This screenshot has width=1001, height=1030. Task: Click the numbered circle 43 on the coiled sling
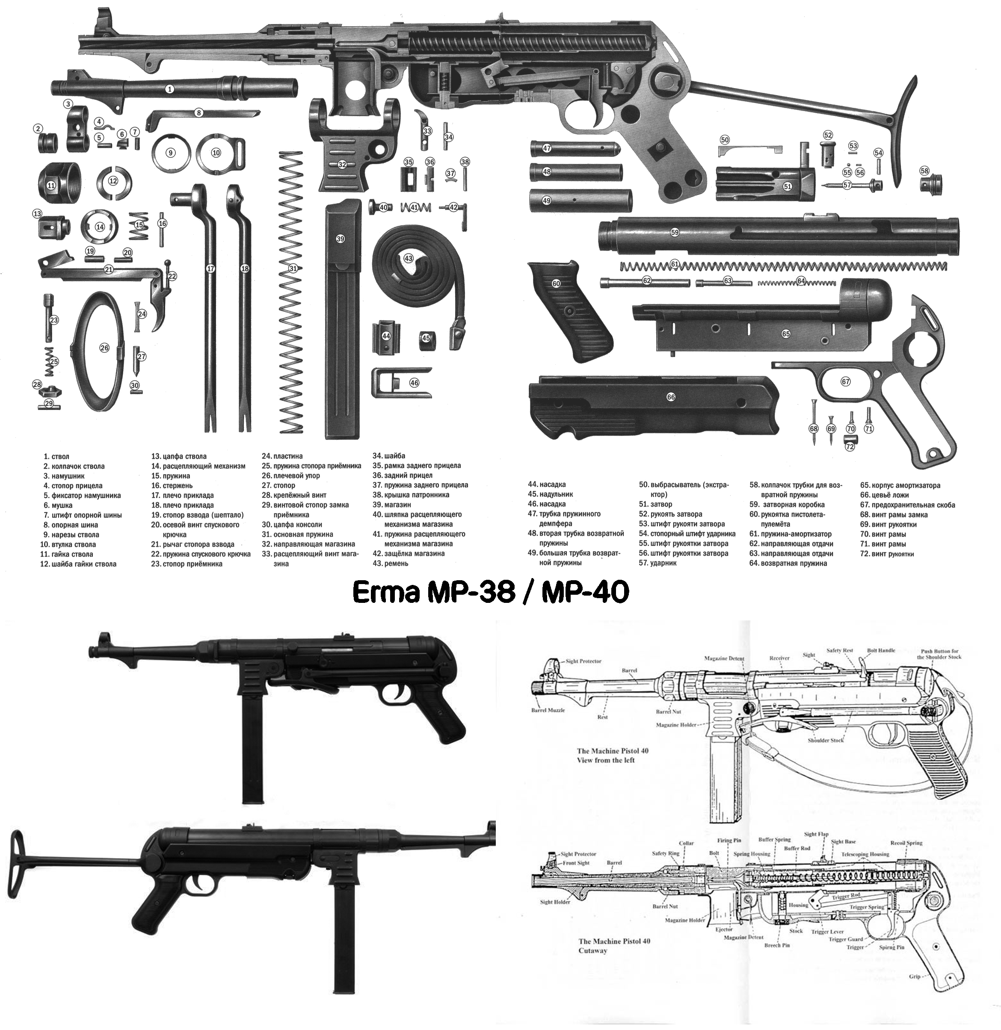click(409, 259)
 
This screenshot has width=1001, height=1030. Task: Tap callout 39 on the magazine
click(340, 239)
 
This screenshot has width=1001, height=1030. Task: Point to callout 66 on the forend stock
click(671, 397)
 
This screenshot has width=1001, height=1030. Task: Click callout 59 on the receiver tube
click(675, 232)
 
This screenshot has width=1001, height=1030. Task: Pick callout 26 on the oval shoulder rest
click(104, 348)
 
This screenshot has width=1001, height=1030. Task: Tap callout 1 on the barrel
click(169, 89)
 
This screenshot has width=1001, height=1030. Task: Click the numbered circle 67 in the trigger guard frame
click(845, 381)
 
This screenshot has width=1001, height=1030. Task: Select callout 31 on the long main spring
click(293, 269)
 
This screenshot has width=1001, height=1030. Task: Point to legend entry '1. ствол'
click(57, 457)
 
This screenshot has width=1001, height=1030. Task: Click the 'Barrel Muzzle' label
click(548, 710)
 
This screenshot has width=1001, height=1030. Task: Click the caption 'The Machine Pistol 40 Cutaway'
click(614, 946)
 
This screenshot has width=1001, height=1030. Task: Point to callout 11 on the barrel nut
click(51, 185)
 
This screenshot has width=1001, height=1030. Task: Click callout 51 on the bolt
click(787, 186)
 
